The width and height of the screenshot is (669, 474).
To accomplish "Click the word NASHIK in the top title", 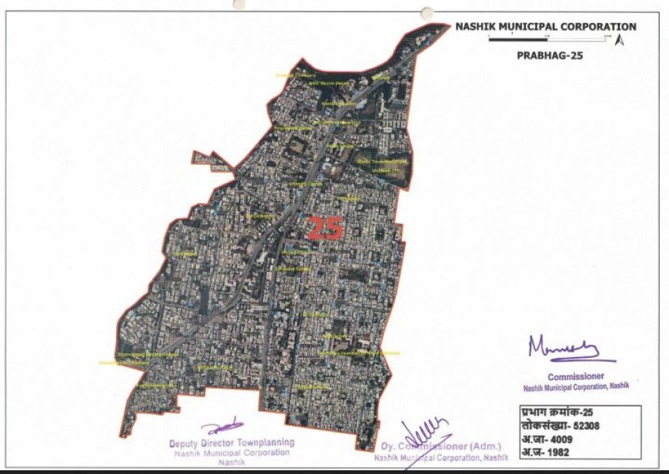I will click(475, 26).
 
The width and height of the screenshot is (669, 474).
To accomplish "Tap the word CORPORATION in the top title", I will click(599, 26).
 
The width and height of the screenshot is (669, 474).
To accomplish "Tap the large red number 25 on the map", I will click(325, 229).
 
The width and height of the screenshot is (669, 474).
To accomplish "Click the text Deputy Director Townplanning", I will click(231, 443).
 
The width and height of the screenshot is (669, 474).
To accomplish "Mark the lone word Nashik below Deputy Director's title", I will click(231, 463).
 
